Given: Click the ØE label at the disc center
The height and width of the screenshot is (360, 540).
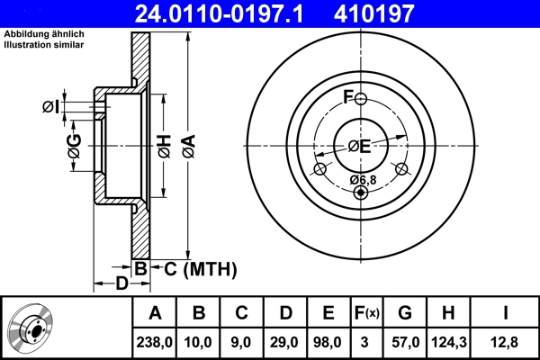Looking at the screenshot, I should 360,146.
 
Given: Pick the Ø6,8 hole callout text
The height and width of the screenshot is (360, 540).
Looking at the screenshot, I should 362,179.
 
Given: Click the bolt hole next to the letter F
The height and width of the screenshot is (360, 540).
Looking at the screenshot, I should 360,99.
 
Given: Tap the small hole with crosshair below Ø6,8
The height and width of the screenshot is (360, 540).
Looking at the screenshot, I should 361,190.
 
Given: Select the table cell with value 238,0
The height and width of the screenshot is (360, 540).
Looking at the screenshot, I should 155,341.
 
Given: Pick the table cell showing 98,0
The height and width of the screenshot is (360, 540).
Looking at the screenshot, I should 328,341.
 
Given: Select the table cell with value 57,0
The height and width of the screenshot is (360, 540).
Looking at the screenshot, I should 404,341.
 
